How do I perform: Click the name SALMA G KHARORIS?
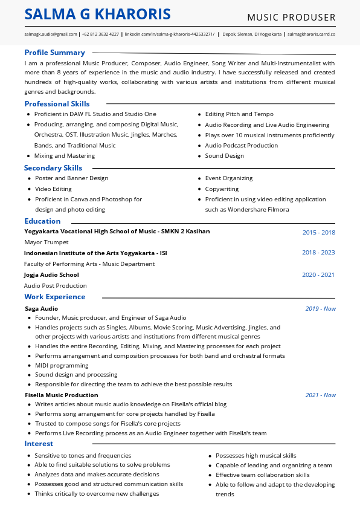tap(98, 15)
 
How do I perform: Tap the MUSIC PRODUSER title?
tap(291, 17)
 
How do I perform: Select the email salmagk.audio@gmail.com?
tap(51, 35)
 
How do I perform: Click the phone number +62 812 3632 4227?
tap(100, 35)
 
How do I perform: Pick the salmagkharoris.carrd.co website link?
tap(311, 35)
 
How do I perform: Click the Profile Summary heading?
tap(54, 53)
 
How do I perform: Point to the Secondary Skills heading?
tap(53, 168)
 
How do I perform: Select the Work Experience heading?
tap(54, 297)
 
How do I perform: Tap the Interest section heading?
tap(39, 444)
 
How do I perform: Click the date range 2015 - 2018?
tap(318, 232)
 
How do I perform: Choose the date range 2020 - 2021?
tap(318, 275)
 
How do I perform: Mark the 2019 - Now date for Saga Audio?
tap(320, 309)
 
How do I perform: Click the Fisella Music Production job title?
tap(61, 395)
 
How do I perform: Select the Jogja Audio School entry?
tap(51, 275)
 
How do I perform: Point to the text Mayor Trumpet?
tap(46, 242)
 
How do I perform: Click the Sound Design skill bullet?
tap(224, 156)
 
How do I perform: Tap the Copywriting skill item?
tap(222, 189)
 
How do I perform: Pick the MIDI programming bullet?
tap(62, 366)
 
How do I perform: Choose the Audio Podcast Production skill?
tap(241, 146)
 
